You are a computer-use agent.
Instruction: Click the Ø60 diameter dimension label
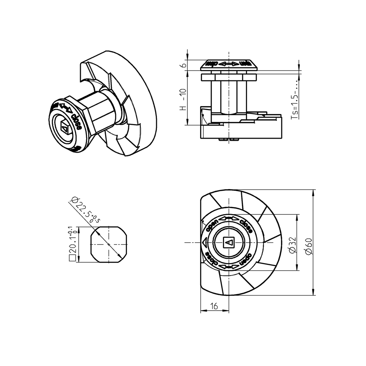tap(309, 247)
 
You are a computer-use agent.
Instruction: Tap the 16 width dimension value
tap(214, 306)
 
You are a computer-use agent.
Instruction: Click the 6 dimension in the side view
tap(183, 65)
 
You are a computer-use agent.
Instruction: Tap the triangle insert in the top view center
tap(228, 243)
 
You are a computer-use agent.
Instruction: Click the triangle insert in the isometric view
tap(64, 127)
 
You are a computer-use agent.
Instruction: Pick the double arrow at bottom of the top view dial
tap(228, 267)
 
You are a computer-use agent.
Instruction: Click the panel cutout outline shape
tap(109, 244)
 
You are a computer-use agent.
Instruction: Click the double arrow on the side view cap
tap(229, 64)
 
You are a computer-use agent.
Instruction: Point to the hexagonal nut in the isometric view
tap(102, 111)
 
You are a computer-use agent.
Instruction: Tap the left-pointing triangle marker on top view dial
tap(205, 243)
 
